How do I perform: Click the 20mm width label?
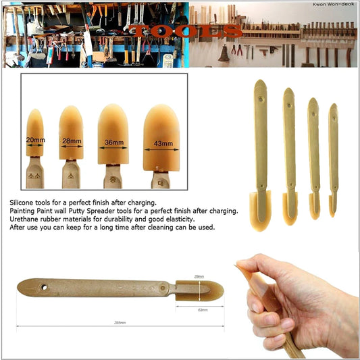tap(34, 140)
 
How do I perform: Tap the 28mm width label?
tap(72, 142)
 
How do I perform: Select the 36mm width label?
tap(115, 143)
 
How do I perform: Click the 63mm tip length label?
tap(199, 309)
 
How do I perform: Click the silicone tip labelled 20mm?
tap(34, 135)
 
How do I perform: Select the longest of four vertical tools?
tap(260, 155)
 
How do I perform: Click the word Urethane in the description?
tap(24, 220)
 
